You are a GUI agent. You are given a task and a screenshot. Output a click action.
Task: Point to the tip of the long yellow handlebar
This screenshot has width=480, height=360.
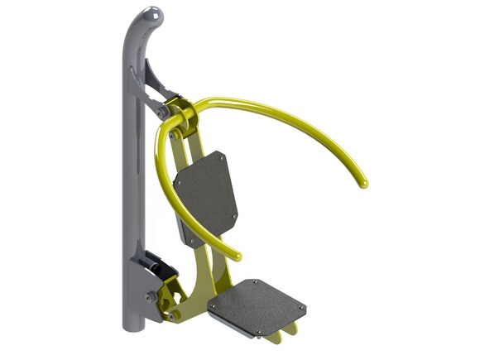click(x=362, y=183)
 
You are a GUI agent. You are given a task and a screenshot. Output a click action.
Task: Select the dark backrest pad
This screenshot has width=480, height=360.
click(x=207, y=195)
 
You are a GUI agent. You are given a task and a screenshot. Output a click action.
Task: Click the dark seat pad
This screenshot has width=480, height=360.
click(x=257, y=305)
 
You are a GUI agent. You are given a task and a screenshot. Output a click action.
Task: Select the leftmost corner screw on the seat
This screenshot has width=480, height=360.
click(x=211, y=305)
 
